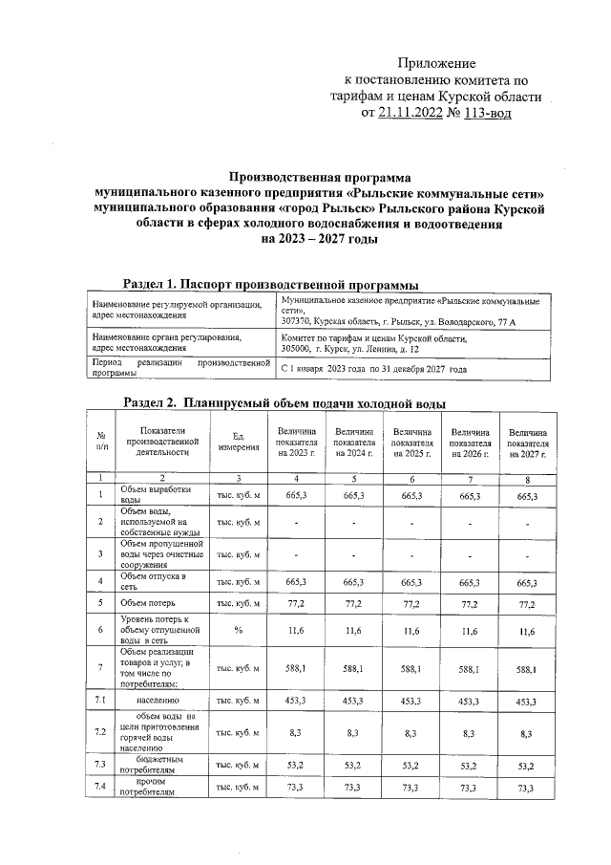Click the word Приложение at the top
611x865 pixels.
point(442,62)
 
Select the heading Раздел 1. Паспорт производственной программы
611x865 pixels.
point(271,284)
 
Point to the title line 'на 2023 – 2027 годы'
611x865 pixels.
point(319,239)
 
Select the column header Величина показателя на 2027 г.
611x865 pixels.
point(527,443)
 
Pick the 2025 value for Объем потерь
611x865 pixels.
point(412,604)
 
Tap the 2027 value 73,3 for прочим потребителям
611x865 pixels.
point(527,788)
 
